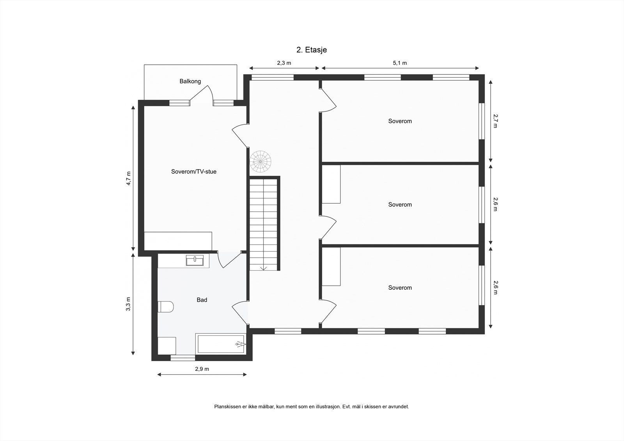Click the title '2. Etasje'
(311, 50)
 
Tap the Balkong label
(190, 81)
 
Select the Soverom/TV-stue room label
(194, 172)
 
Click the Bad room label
(202, 300)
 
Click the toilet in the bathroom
(166, 306)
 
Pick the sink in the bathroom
(195, 260)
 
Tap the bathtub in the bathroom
(221, 344)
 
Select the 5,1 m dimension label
(400, 63)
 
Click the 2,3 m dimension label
(284, 63)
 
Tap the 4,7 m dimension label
(129, 179)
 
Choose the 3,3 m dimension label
(129, 304)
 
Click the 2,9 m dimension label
(202, 369)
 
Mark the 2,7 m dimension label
(495, 121)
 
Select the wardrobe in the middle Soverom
(331, 184)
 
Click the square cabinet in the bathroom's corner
(167, 345)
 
